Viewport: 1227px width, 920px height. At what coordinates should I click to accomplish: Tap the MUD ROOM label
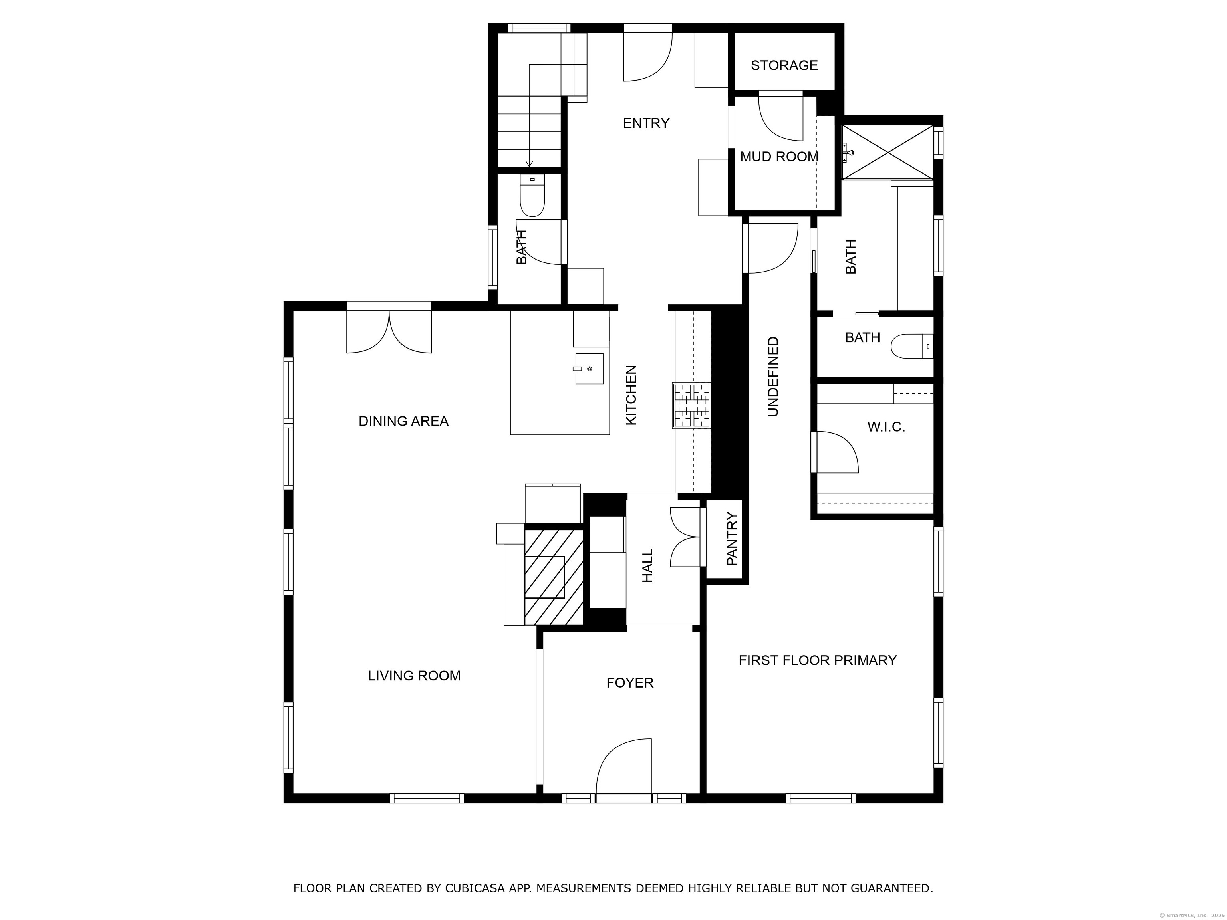(779, 157)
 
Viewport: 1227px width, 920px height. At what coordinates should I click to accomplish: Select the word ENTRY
(646, 123)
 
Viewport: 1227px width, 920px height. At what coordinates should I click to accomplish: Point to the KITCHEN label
(631, 395)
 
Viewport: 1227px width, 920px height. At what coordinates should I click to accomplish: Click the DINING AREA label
(403, 421)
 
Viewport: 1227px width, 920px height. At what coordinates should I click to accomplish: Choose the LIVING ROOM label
(414, 676)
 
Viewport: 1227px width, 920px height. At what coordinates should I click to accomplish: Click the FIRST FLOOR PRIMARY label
(818, 660)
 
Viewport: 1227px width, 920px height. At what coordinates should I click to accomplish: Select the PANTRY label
(732, 539)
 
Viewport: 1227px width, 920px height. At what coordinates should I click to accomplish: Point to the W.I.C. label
(886, 427)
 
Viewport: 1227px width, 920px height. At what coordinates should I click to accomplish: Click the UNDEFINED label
(773, 377)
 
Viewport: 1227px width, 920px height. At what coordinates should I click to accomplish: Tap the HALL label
(648, 566)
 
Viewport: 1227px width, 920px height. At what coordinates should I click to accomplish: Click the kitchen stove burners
(692, 405)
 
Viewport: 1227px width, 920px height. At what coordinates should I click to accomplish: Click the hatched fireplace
(554, 577)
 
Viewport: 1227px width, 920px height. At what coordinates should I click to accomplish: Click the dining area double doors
(389, 331)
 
